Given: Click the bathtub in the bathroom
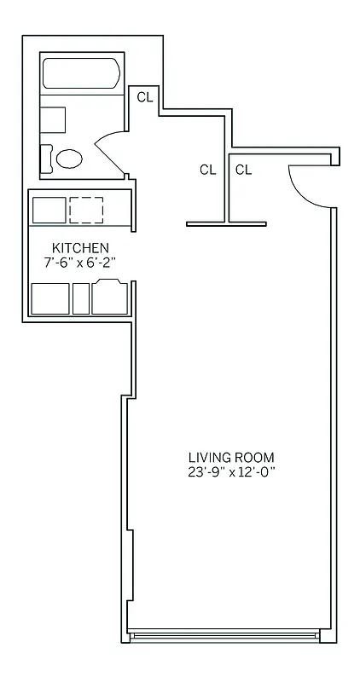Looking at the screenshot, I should pyautogui.click(x=82, y=74).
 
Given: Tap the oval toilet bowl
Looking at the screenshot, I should pyautogui.click(x=69, y=159).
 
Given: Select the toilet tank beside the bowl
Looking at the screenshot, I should pyautogui.click(x=47, y=158).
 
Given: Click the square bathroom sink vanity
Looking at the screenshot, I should pyautogui.click(x=53, y=119).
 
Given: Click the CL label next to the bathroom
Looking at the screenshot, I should pyautogui.click(x=144, y=96).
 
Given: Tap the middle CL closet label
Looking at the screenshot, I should pyautogui.click(x=207, y=170).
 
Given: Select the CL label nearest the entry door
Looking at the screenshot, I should pyautogui.click(x=244, y=170).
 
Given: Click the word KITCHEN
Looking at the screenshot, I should pyautogui.click(x=79, y=248).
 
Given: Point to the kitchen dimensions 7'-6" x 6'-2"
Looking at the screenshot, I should pyautogui.click(x=79, y=263).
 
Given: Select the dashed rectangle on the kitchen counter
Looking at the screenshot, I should pyautogui.click(x=86, y=209).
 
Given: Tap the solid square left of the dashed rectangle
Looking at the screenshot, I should pyautogui.click(x=49, y=209).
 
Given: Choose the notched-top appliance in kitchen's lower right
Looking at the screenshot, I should pyautogui.click(x=110, y=298).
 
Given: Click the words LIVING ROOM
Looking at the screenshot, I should pyautogui.click(x=232, y=456).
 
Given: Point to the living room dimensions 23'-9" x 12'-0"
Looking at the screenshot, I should pyautogui.click(x=232, y=471).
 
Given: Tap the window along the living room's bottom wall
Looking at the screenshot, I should pyautogui.click(x=225, y=635).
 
